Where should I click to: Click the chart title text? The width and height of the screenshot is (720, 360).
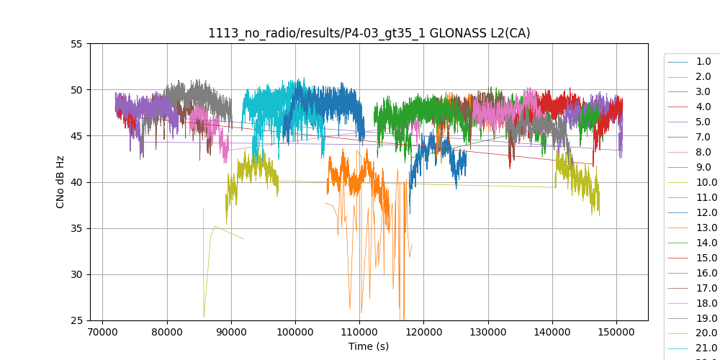coord(369,33)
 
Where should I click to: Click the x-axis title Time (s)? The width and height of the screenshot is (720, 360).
coord(369,346)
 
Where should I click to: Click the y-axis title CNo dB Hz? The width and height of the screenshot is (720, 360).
coord(61,182)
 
